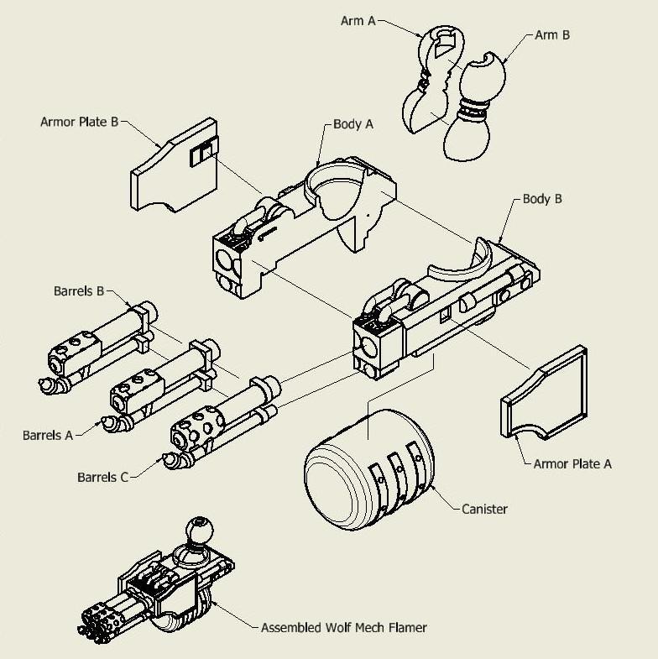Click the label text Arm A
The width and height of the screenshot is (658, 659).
[358, 21]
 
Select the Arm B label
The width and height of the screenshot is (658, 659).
[553, 35]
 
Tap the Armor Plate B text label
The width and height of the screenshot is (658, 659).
[79, 122]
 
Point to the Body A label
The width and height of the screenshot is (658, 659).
[352, 123]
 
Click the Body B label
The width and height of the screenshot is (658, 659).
[542, 199]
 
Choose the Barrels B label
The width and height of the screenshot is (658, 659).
[76, 292]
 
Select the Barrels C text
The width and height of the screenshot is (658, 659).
[102, 478]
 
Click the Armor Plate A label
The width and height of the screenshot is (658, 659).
[573, 463]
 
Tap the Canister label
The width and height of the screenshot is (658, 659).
[484, 509]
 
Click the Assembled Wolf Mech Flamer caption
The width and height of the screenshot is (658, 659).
[343, 627]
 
